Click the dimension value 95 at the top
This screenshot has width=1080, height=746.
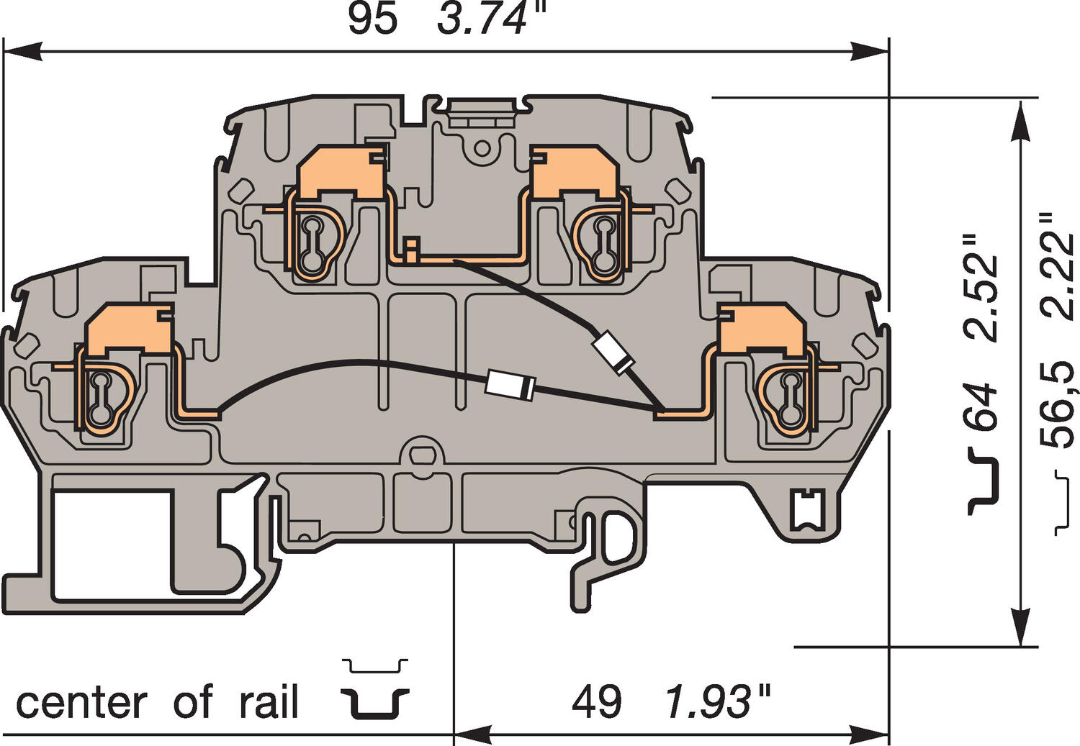pyautogui.click(x=372, y=19)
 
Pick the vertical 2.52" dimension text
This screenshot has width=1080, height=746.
pyautogui.click(x=983, y=288)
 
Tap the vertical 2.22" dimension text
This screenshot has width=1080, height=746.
pyautogui.click(x=1058, y=266)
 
